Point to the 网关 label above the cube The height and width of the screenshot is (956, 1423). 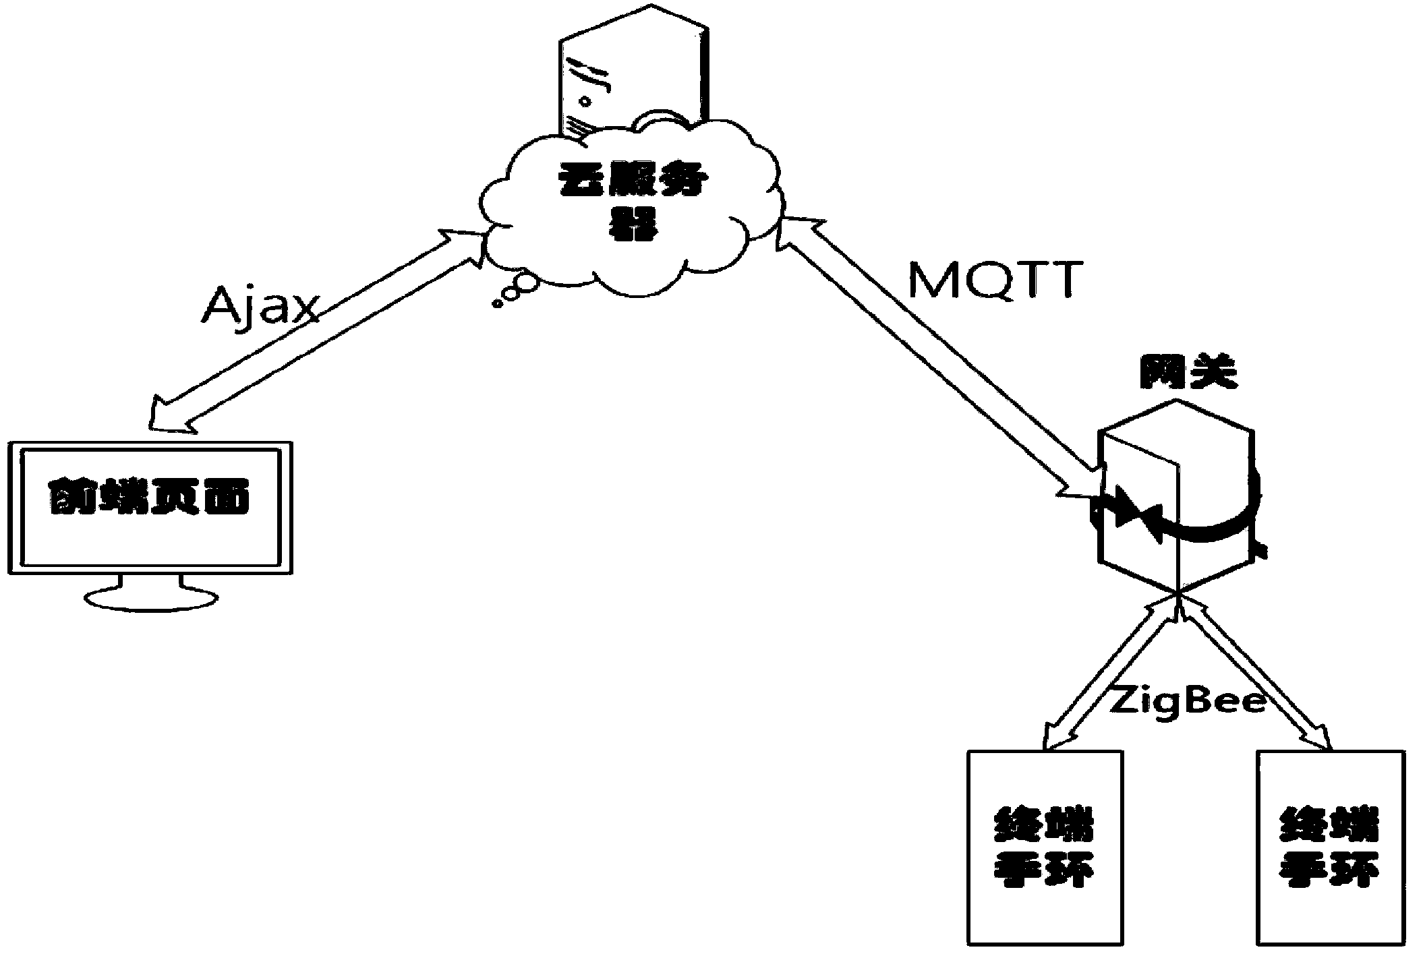click(1188, 372)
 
